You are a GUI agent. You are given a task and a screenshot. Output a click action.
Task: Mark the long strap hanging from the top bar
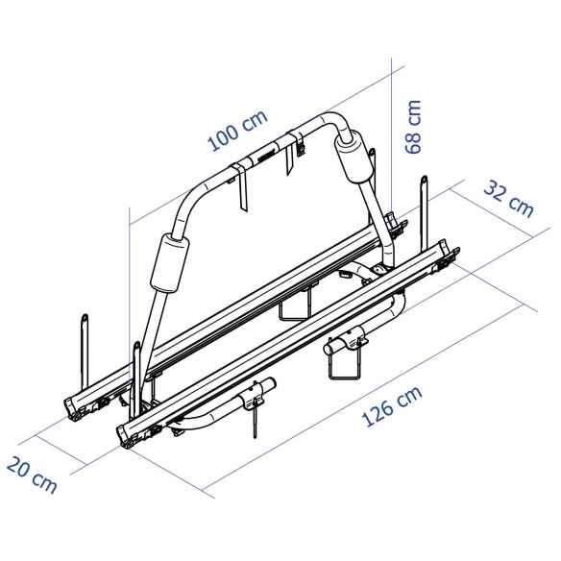tap(241, 191)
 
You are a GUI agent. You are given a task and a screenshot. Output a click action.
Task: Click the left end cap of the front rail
tap(130, 432)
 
